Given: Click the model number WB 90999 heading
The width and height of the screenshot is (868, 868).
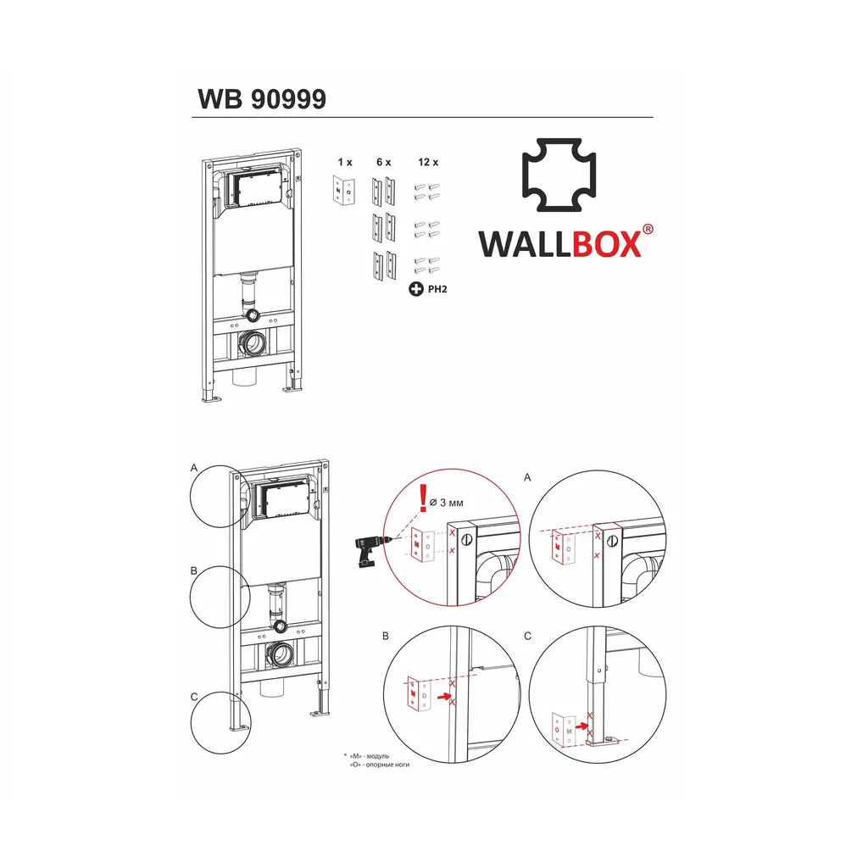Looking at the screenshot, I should pos(261,99).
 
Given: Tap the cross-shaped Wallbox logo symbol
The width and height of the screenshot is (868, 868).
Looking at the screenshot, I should pos(557,180).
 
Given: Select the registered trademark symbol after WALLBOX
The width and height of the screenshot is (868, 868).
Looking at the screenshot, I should pos(648,229).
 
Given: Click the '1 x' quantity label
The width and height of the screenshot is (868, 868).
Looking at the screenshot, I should pos(344,161).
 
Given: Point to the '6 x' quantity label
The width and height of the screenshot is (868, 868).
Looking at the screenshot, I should pos(383,161).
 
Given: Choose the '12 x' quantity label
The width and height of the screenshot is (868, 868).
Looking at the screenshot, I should pos(428,161).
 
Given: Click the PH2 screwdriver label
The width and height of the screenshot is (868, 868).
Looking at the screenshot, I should pos(437,290).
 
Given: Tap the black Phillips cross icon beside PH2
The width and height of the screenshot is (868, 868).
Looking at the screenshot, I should pos(415,290).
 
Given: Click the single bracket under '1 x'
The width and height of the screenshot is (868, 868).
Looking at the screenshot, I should pos(344,191).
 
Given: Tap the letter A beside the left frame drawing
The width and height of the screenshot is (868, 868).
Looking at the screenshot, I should pos(194,467).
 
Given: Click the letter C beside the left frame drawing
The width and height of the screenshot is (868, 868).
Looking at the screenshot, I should pos(194,697).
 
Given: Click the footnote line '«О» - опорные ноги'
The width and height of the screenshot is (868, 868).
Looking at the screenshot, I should pos(373,765).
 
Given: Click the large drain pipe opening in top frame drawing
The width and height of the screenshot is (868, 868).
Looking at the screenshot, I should pos(255,345).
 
